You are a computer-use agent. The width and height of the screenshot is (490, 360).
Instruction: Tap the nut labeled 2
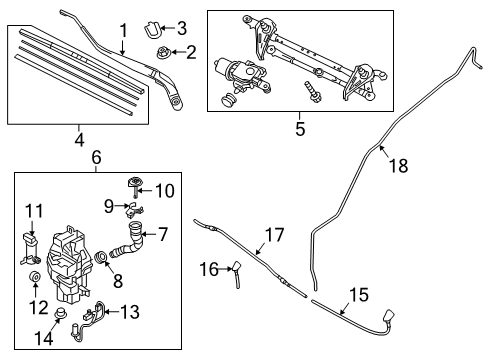pos(160,50)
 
